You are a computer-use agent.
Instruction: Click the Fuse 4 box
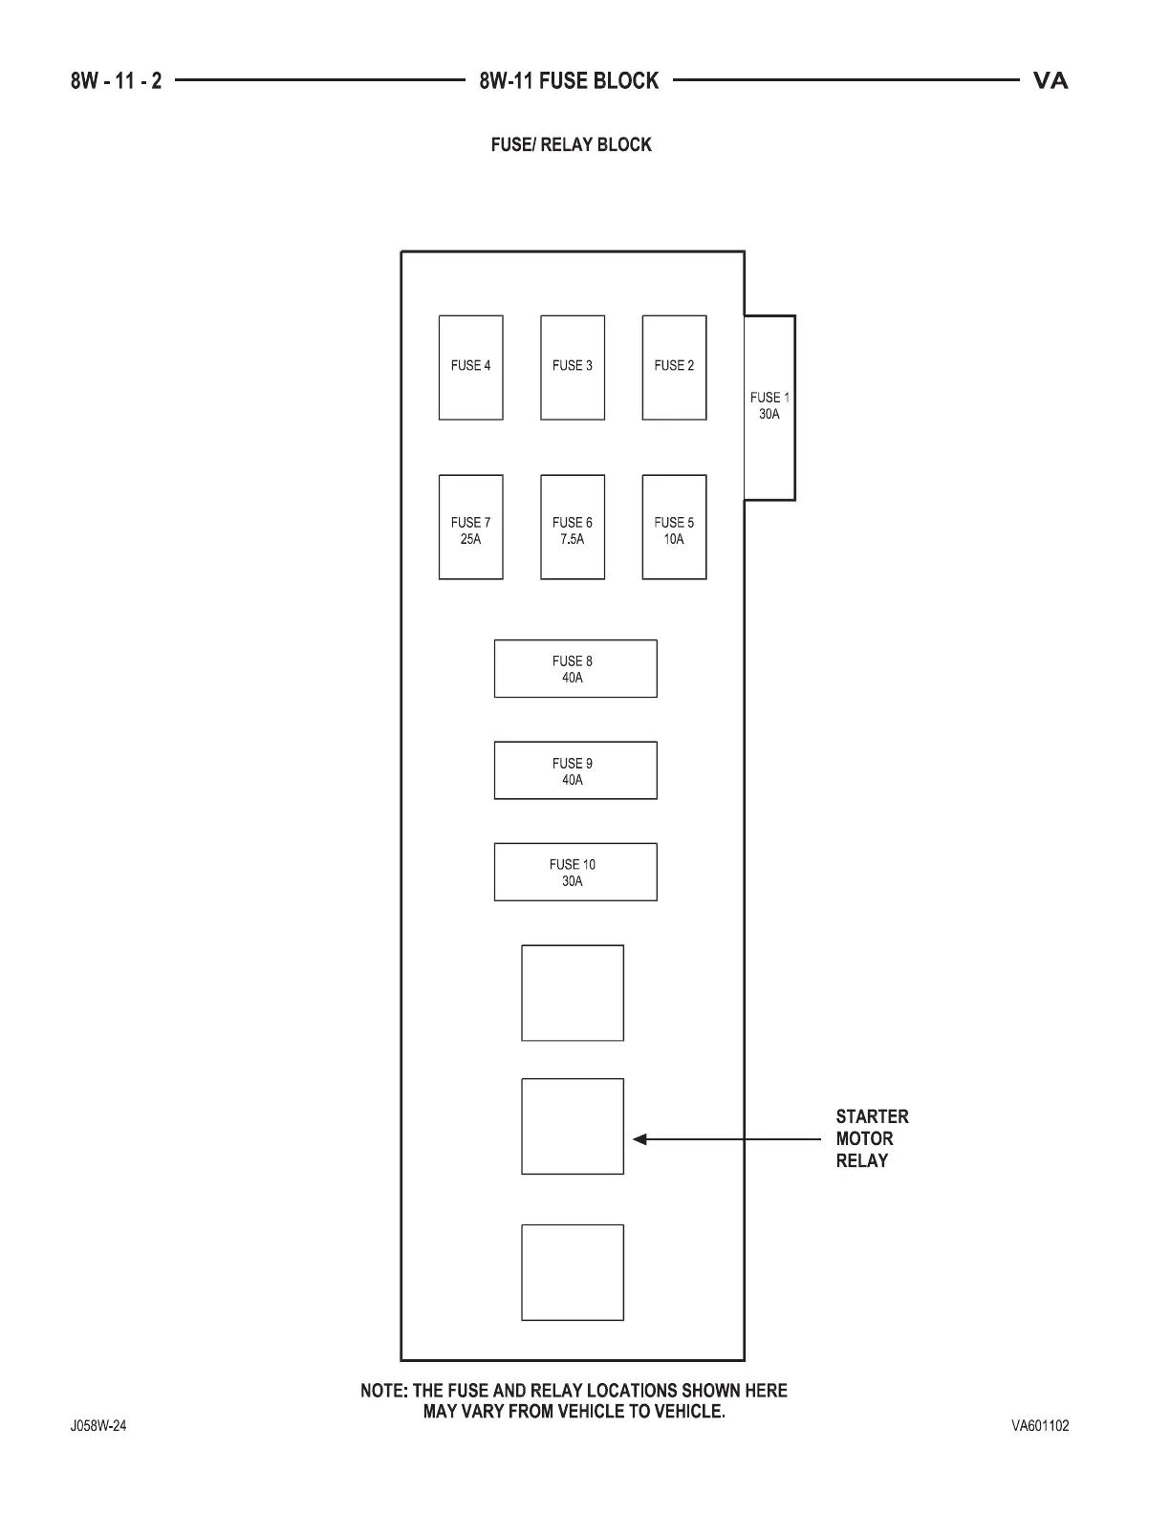pos(470,367)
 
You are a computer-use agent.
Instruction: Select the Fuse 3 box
pos(573,367)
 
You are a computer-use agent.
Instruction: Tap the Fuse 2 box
pos(674,367)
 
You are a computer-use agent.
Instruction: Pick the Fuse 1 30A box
pos(769,407)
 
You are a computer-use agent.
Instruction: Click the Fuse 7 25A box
pos(470,527)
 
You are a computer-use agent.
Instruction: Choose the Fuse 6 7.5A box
pos(573,527)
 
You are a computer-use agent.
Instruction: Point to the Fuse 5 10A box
pos(674,527)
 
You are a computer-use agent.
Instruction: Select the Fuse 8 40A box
pos(575,668)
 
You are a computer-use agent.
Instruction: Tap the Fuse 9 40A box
pos(575,770)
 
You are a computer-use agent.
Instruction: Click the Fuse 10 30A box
pos(575,872)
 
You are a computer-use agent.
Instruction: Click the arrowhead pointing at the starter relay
pos(639,1139)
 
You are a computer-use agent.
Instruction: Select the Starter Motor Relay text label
pos(872,1138)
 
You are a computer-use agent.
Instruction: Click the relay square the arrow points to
pos(573,1126)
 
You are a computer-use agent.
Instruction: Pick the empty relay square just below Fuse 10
pos(573,993)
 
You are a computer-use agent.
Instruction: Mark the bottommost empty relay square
pos(573,1272)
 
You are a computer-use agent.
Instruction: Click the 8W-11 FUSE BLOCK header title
pos(569,81)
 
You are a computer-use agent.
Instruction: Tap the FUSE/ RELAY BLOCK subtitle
pos(571,145)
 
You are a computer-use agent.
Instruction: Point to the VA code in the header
pos(1051,81)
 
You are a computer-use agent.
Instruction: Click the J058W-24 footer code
pos(97,1426)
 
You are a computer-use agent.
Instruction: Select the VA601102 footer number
pos(1040,1426)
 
